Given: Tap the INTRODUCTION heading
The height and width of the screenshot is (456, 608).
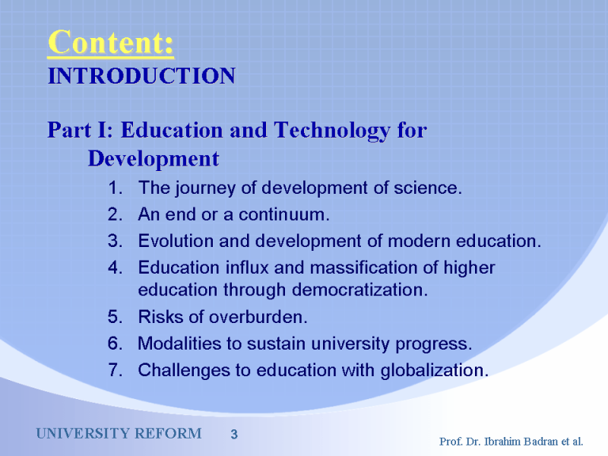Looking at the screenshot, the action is [x=141, y=75].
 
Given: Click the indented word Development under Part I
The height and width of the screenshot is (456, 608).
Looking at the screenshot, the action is [x=154, y=159].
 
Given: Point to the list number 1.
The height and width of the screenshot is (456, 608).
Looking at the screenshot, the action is [x=116, y=188].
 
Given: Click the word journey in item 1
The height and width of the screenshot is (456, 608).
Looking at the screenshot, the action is [x=205, y=188].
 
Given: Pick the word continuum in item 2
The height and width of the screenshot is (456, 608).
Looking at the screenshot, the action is [x=283, y=214].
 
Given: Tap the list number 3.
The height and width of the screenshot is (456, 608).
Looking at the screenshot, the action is [x=116, y=241].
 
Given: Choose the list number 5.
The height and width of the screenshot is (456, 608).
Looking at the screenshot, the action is [x=116, y=317].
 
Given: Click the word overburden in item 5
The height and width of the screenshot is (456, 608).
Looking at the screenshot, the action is [x=258, y=317].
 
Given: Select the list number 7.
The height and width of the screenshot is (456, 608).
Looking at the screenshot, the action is [x=116, y=370].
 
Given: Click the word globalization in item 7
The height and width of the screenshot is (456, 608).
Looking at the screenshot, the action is [x=434, y=371].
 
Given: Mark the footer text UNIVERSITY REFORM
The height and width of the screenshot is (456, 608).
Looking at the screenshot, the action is [x=119, y=433].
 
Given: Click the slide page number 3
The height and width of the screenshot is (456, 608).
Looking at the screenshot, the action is [x=234, y=434].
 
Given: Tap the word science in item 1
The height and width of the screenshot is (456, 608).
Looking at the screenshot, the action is [x=428, y=188].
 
